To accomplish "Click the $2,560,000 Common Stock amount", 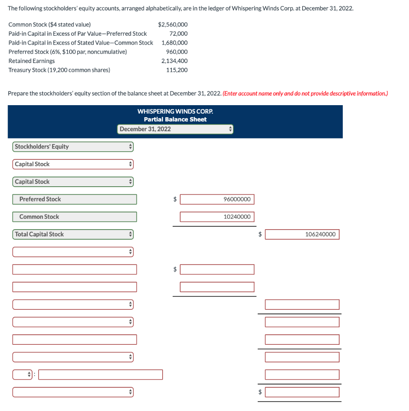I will (x=173, y=24).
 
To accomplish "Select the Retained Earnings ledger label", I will (x=32, y=61).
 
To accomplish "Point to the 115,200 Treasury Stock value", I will (x=177, y=70).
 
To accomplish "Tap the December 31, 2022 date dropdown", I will (x=175, y=129).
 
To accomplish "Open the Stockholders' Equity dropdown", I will (x=73, y=147).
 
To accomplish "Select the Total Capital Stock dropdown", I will (x=73, y=234).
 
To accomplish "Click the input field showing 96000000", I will (x=217, y=199).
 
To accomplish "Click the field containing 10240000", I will (x=217, y=217).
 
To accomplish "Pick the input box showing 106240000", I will (x=302, y=234).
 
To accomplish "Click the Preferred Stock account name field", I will (x=75, y=199).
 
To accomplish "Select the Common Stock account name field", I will (x=75, y=217).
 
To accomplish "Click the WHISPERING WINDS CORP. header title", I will (x=175, y=111).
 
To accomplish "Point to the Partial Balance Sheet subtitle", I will (x=175, y=120).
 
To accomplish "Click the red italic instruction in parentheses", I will (x=305, y=94).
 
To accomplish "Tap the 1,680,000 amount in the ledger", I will (x=175, y=43).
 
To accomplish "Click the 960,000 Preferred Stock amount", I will (x=177, y=52).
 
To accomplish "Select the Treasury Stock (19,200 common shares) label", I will (x=59, y=70).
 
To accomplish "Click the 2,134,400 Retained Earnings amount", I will (x=175, y=61).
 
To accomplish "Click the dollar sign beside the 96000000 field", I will (x=175, y=199).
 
